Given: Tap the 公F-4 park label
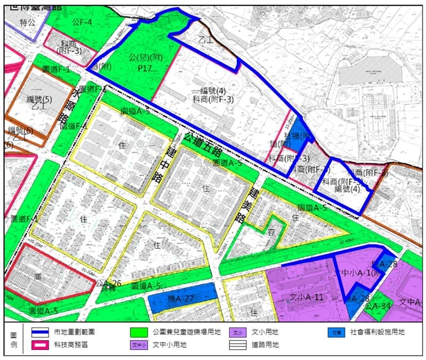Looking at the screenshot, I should [x=83, y=22].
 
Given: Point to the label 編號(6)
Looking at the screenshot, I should [x=20, y=131].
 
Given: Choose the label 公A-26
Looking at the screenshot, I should [x=110, y=283].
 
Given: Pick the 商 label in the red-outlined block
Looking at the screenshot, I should [x=38, y=277].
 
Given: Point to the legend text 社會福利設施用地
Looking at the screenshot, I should [x=378, y=332].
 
